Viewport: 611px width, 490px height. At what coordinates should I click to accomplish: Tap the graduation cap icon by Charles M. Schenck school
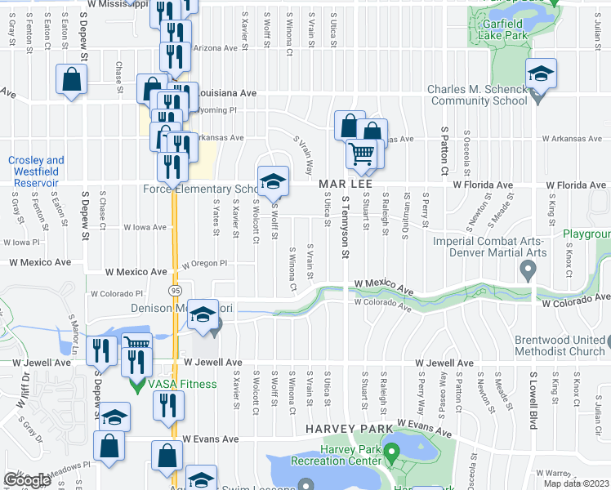[541, 74]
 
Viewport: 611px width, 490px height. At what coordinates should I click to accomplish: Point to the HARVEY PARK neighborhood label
[339, 428]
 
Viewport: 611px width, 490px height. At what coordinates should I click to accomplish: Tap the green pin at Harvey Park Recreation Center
[391, 451]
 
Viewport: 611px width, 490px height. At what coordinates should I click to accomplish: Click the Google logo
[28, 480]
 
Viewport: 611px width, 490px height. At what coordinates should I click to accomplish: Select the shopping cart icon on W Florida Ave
[361, 154]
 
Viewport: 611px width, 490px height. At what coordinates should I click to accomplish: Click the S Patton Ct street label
[445, 151]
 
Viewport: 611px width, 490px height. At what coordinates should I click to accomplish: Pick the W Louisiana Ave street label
[225, 93]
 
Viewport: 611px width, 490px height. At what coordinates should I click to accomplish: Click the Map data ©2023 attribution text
[575, 483]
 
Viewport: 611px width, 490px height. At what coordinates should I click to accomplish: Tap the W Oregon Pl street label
[203, 264]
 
